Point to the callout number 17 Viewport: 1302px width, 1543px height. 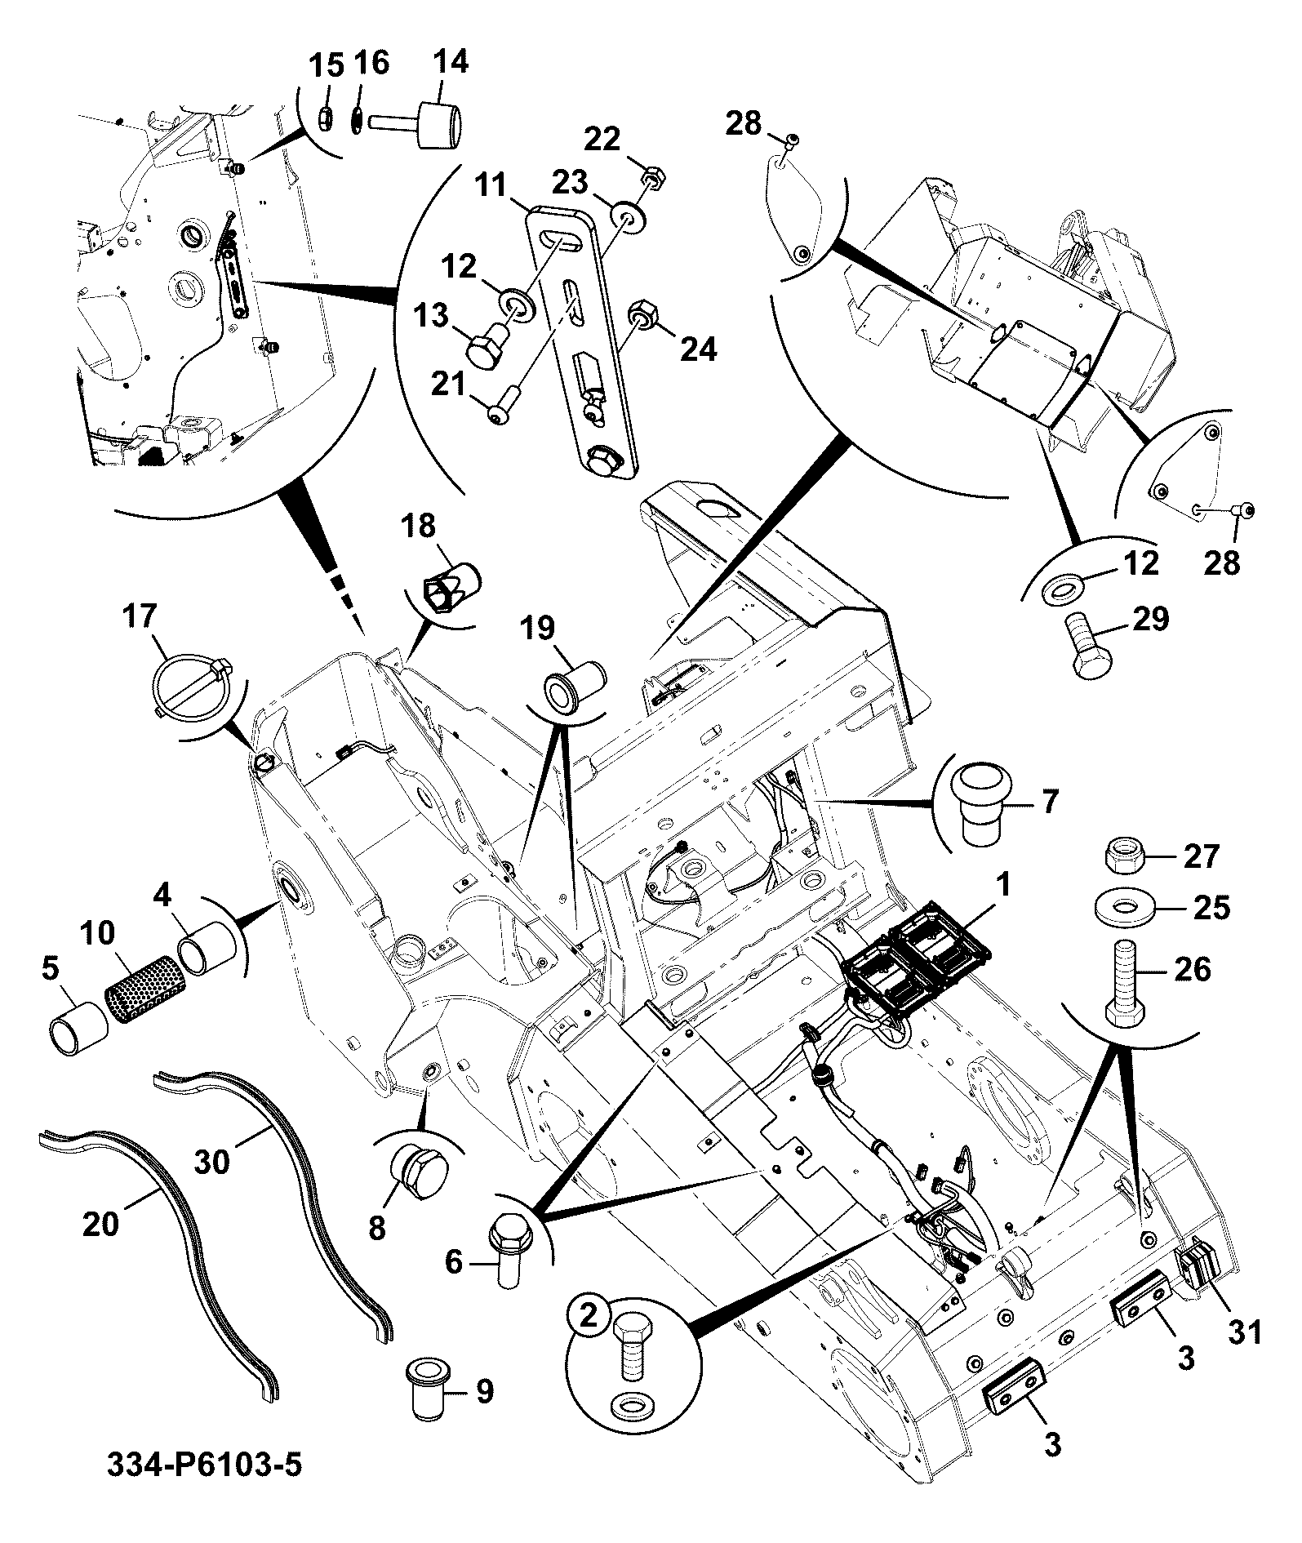coord(140,616)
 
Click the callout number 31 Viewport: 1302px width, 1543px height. coord(1246,1332)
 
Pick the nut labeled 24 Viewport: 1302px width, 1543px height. coord(643,314)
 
